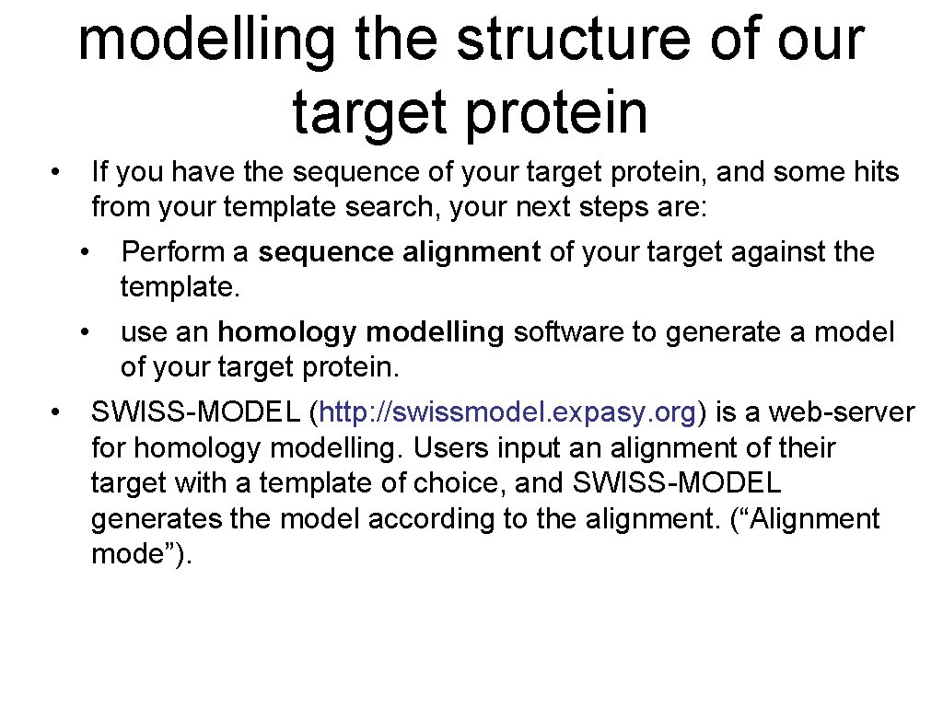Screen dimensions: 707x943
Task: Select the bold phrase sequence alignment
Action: pyautogui.click(x=399, y=251)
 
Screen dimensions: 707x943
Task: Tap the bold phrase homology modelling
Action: pyautogui.click(x=361, y=332)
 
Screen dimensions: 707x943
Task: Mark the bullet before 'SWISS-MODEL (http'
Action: pyautogui.click(x=56, y=412)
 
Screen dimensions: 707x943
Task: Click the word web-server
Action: pyautogui.click(x=843, y=412)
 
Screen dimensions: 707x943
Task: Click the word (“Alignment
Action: pyautogui.click(x=804, y=519)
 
